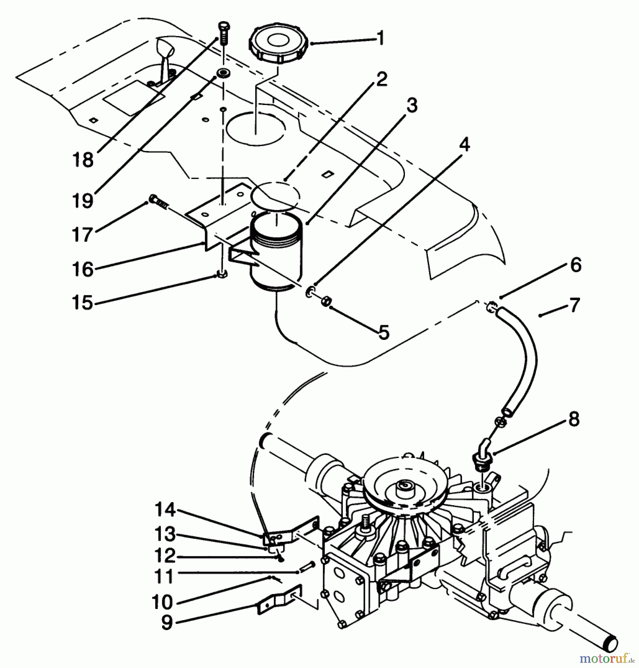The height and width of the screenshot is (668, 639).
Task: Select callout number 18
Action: pos(83,160)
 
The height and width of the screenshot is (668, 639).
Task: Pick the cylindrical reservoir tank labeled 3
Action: pos(276,252)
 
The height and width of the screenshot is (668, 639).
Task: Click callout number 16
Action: pos(82,269)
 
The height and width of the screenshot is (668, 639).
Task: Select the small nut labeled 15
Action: pos(222,275)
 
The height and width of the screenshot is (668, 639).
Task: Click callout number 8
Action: pos(574,419)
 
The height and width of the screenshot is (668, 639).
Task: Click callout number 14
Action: pos(165,509)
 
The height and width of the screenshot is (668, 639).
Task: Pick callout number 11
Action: pos(164,576)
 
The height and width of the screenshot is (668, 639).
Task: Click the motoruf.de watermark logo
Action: pos(607,658)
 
